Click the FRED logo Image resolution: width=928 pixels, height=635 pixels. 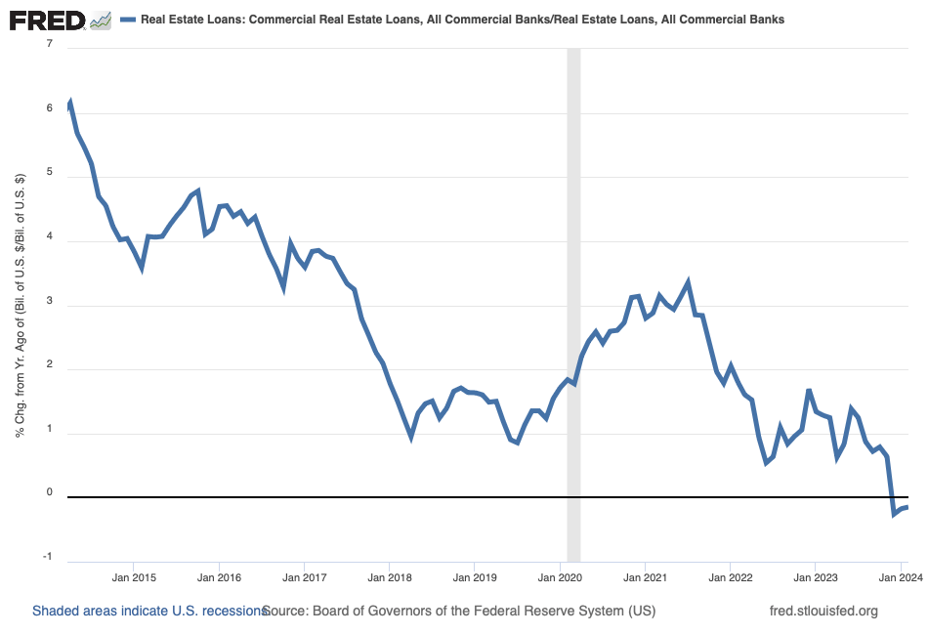coord(46,19)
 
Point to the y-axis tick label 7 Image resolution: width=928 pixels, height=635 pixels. coord(48,47)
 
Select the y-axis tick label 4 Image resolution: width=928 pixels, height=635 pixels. coord(48,240)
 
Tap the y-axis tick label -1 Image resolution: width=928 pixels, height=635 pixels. coord(46,557)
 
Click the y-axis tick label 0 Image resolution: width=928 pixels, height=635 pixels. coord(48,493)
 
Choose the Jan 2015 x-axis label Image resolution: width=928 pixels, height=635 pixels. coord(134,577)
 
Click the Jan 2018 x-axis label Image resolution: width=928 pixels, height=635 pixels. coord(389,577)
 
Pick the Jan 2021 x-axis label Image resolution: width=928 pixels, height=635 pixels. coord(645,577)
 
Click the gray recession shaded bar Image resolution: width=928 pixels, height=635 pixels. coord(573,293)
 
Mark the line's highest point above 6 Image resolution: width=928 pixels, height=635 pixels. coord(69,103)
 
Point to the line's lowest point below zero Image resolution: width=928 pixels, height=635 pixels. coord(894,514)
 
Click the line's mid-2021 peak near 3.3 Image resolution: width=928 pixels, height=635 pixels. coord(688,282)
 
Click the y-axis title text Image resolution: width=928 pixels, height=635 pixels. coord(21,305)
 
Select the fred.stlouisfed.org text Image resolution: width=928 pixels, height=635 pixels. coord(824,612)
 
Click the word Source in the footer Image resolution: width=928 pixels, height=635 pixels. coord(284,612)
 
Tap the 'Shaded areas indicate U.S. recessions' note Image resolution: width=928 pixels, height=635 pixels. coord(148,612)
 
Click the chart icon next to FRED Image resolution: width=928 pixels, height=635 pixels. coord(100,20)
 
